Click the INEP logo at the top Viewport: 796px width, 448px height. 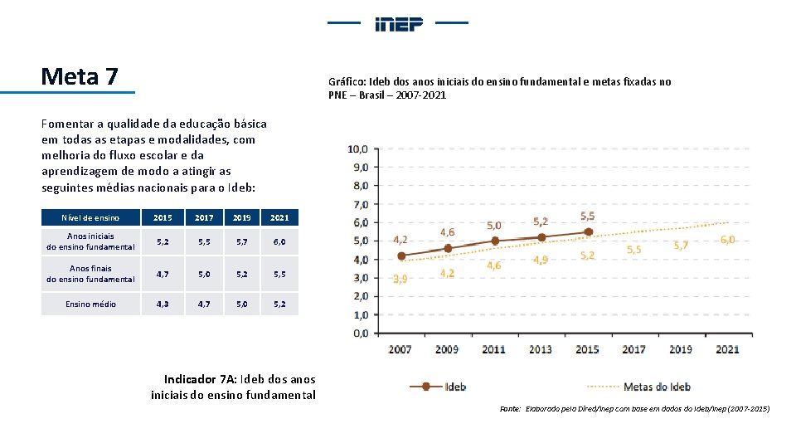(399, 23)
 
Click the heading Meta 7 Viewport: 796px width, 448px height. (80, 77)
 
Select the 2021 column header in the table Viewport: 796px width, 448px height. (279, 217)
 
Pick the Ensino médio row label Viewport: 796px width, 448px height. (91, 304)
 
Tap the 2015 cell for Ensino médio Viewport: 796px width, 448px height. (163, 304)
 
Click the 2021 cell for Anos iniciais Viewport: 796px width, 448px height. (279, 241)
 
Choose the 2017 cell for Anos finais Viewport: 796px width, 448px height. (203, 274)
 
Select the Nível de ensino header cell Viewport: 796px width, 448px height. (91, 217)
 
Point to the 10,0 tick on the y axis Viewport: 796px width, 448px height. (358, 149)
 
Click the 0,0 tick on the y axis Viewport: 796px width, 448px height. (358, 334)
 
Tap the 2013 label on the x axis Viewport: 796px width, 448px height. (540, 349)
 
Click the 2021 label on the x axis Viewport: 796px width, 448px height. (727, 349)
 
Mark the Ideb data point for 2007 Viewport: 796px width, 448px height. (401, 256)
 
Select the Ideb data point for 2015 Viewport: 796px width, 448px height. (588, 232)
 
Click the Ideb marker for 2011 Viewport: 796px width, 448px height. (494, 241)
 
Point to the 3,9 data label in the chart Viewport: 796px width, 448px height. (400, 279)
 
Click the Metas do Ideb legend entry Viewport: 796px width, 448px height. (655, 387)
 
